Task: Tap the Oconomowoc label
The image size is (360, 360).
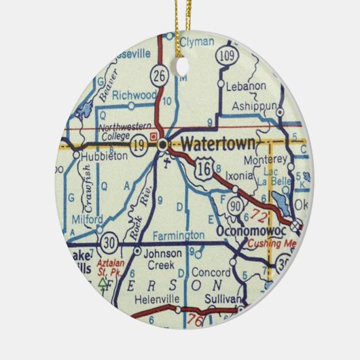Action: (x=247, y=232)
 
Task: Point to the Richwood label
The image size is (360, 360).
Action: (x=134, y=96)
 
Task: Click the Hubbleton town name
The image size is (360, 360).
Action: (x=100, y=156)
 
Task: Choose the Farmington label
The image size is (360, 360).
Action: (x=178, y=235)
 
